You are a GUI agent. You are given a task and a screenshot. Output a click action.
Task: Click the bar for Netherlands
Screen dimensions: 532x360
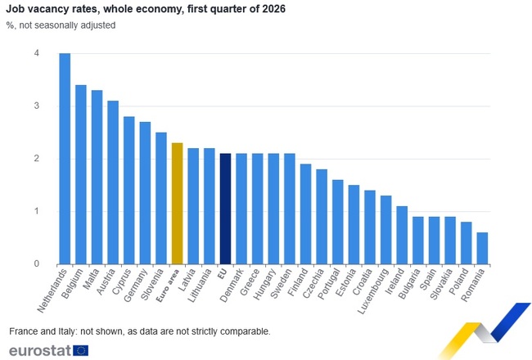point(65,159)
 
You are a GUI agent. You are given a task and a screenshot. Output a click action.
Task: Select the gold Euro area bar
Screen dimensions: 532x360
point(177,204)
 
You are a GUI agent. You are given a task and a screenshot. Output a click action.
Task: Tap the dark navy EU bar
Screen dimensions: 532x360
point(225,209)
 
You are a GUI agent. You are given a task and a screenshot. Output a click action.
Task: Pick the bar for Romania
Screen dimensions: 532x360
point(482,248)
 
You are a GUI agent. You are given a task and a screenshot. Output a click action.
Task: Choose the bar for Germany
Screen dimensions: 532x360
point(145,193)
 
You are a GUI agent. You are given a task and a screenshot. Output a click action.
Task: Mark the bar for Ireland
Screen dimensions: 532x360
point(402,235)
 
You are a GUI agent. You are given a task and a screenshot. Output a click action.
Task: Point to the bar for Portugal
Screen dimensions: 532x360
point(337,222)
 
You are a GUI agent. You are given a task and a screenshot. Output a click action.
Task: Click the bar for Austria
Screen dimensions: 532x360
point(113,182)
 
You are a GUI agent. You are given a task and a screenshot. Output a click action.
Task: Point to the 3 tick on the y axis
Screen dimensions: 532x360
point(36,106)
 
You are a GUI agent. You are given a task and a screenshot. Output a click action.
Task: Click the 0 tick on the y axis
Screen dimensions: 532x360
point(36,263)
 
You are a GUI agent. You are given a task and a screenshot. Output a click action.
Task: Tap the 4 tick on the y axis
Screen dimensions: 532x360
point(36,53)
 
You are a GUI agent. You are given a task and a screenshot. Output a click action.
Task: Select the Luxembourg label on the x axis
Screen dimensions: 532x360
point(373,291)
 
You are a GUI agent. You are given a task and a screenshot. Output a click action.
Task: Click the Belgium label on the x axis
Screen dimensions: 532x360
point(72,284)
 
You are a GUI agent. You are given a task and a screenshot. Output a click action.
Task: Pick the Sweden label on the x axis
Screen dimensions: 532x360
point(281,284)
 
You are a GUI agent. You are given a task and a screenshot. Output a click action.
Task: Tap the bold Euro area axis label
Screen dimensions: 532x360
point(167,286)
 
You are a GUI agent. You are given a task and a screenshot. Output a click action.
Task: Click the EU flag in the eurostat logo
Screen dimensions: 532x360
point(81,350)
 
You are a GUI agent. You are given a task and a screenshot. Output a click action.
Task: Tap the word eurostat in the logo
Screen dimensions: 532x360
point(40,350)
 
